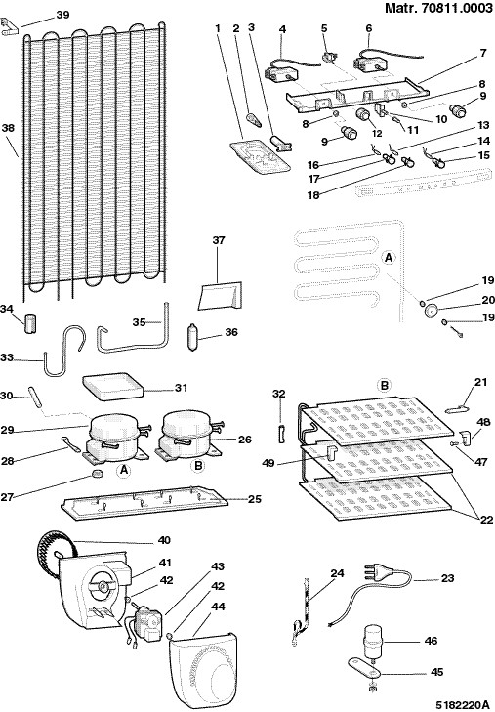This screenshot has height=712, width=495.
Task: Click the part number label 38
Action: (x=8, y=128)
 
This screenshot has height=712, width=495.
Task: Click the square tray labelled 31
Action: (x=112, y=387)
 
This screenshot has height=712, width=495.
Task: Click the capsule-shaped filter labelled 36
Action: (x=193, y=336)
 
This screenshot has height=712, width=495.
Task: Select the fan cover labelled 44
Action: (x=202, y=669)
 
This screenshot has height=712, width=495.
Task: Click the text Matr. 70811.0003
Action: (x=438, y=8)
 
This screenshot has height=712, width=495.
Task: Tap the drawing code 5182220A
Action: (x=464, y=705)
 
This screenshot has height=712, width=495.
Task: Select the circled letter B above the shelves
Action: (x=384, y=386)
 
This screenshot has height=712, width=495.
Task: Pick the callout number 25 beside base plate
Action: (x=255, y=498)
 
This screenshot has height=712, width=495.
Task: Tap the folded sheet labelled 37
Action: (x=221, y=295)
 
